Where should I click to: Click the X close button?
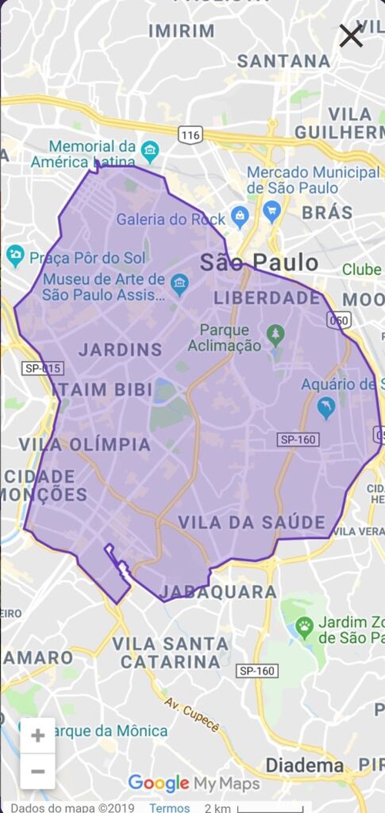click(351, 35)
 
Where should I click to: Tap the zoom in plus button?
click(38, 735)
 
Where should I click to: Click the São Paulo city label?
click(259, 263)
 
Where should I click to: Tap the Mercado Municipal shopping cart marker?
click(271, 209)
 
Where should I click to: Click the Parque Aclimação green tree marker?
click(275, 334)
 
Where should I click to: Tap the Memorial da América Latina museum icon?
click(149, 150)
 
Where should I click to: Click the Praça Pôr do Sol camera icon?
click(15, 256)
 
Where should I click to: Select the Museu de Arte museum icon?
click(179, 283)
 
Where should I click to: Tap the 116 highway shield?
click(190, 135)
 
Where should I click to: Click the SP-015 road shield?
click(43, 369)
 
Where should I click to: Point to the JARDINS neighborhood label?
click(120, 350)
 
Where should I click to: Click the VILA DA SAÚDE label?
click(252, 523)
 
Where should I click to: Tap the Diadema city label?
click(304, 765)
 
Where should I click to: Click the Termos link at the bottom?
click(169, 808)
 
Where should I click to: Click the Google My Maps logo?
click(193, 783)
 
